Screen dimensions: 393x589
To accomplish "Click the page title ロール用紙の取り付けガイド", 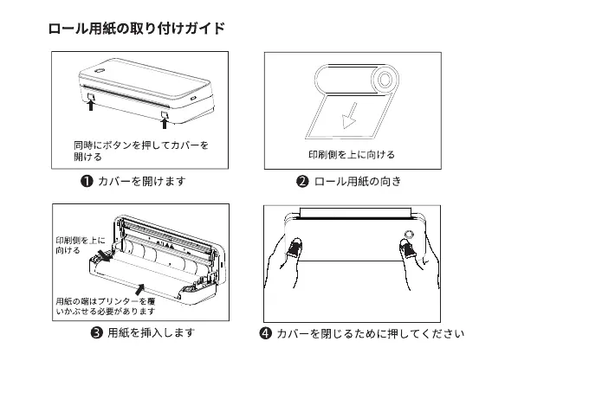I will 136,28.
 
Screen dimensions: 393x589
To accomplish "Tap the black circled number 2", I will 303,181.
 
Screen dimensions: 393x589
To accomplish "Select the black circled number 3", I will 97,333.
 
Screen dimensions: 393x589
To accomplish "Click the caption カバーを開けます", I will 142,181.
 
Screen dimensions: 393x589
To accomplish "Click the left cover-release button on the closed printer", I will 90,96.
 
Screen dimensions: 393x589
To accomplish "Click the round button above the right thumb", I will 408,233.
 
